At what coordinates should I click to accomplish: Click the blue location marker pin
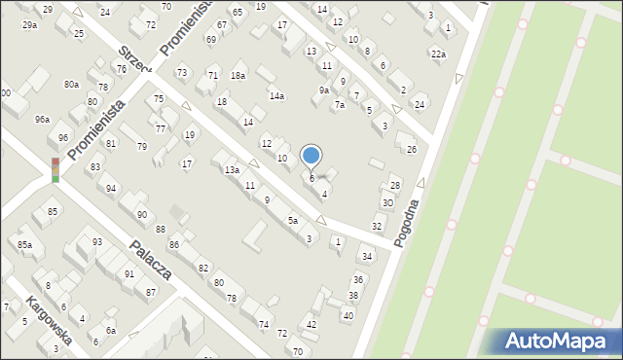tap(311, 156)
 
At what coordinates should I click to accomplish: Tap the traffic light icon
tap(55, 169)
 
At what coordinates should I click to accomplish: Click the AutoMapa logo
tap(554, 341)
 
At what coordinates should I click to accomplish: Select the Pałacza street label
tap(152, 260)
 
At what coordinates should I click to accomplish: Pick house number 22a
tap(438, 54)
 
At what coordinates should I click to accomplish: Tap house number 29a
tap(29, 24)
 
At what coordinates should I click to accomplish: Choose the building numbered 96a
tap(42, 119)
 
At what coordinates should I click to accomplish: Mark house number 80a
tap(71, 85)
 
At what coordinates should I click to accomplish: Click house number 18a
tap(238, 75)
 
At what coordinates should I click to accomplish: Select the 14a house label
tap(276, 95)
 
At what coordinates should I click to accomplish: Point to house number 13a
tap(232, 170)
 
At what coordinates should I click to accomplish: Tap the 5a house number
tap(292, 221)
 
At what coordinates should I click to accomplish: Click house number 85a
tap(24, 244)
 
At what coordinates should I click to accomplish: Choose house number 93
tap(97, 241)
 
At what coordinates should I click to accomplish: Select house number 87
tap(150, 292)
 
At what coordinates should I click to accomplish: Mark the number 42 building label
tap(311, 324)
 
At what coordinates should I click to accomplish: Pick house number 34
tap(366, 257)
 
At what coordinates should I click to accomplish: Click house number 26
tap(412, 149)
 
